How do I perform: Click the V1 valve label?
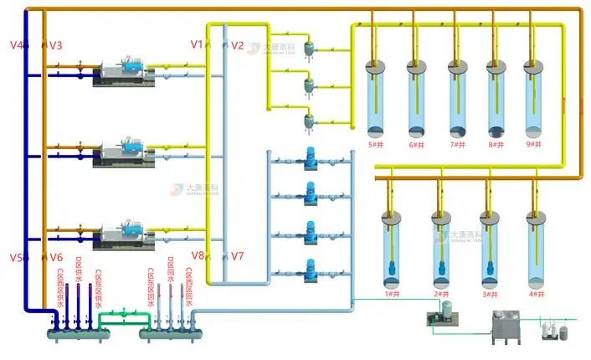(x=197, y=44)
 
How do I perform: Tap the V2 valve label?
(x=238, y=45)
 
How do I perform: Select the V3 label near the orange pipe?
(x=56, y=44)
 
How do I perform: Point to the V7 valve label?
(x=238, y=255)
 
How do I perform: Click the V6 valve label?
(x=56, y=257)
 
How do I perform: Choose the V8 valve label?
(x=198, y=255)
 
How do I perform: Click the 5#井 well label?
(x=376, y=145)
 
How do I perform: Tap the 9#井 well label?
(x=533, y=145)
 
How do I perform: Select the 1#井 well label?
(x=391, y=295)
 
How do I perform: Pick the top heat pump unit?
(x=126, y=75)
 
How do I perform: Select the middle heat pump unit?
(x=126, y=152)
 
